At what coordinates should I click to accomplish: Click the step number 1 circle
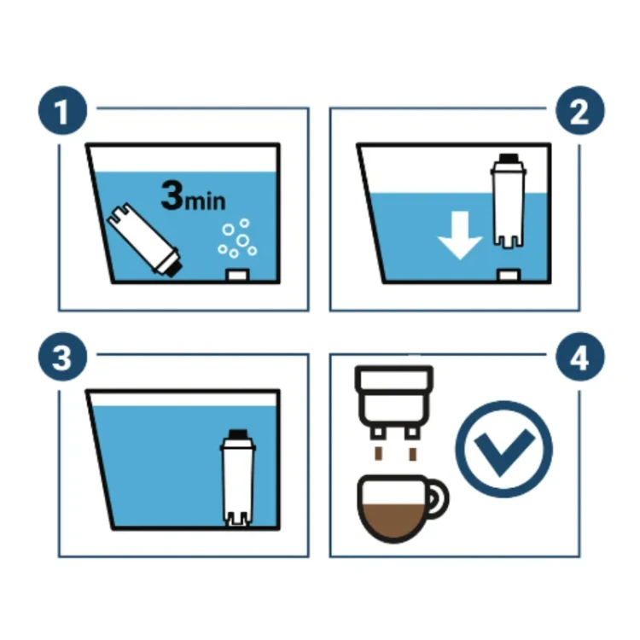[63, 110]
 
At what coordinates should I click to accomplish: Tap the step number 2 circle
[580, 110]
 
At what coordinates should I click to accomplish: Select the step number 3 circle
[63, 357]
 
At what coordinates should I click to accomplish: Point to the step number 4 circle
[580, 357]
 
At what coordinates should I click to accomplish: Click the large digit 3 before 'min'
[172, 195]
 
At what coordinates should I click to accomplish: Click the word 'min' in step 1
[205, 201]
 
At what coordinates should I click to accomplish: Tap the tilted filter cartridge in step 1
[143, 239]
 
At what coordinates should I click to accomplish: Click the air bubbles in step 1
[237, 238]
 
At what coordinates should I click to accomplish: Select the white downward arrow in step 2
[460, 236]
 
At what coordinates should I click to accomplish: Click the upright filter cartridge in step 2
[508, 201]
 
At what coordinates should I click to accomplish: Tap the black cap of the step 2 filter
[509, 158]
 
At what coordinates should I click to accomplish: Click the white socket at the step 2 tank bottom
[509, 275]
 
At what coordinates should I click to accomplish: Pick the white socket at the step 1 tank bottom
[237, 275]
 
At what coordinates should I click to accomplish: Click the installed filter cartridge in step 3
[238, 478]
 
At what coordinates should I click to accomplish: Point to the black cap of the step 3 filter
[238, 433]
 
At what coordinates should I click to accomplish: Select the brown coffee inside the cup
[393, 521]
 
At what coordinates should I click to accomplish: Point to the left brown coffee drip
[379, 453]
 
